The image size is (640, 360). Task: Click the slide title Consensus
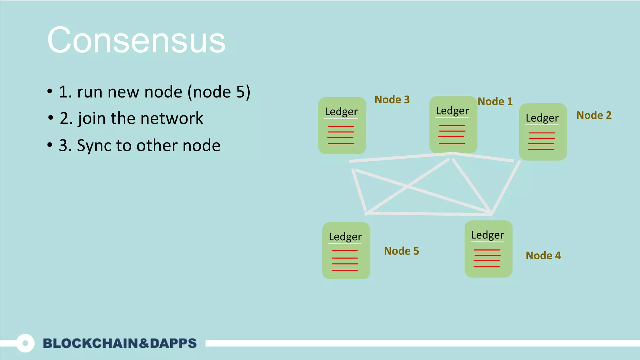point(136,41)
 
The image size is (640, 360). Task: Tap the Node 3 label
point(392,100)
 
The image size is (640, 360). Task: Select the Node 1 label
point(495,102)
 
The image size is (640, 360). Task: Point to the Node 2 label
point(594,115)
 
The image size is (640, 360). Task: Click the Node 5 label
point(401,251)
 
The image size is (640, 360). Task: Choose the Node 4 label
point(543,256)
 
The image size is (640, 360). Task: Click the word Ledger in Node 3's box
point(341,112)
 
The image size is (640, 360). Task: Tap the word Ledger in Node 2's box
point(542,118)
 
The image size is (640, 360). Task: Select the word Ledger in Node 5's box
point(345,237)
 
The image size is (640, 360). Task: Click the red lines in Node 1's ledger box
point(452,135)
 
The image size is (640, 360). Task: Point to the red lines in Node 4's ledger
point(487,258)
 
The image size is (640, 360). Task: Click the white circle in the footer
point(25,343)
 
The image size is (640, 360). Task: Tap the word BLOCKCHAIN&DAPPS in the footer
point(120,343)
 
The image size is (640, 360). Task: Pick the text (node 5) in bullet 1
point(219,92)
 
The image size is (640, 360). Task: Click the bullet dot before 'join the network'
point(51,118)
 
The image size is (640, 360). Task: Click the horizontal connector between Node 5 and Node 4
point(428,214)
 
